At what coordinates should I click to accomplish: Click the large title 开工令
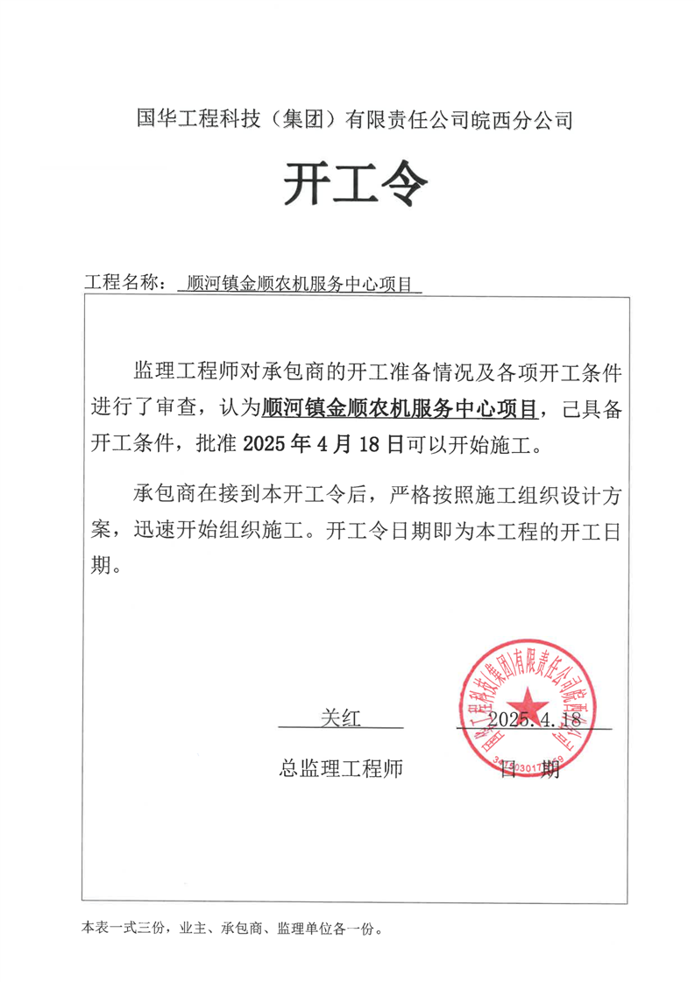point(355,184)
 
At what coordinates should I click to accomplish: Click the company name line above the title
point(355,119)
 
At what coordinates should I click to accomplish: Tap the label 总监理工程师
point(341,768)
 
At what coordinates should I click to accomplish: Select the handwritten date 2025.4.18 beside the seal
point(535,719)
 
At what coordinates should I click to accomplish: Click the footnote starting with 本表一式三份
point(232,927)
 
